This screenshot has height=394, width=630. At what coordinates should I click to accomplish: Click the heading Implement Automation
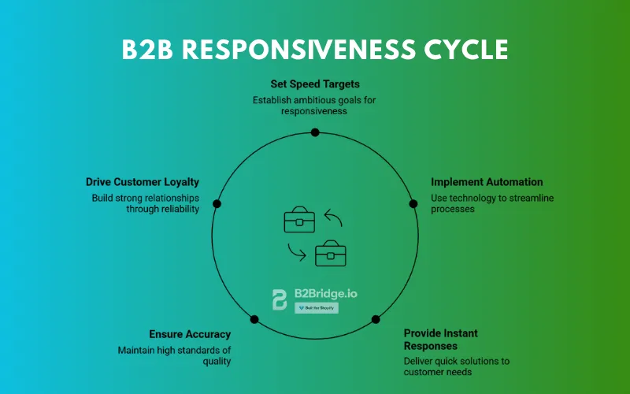[487, 182]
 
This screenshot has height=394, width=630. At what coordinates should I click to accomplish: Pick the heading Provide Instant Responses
[441, 340]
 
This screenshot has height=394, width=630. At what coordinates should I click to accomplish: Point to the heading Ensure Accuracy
[190, 334]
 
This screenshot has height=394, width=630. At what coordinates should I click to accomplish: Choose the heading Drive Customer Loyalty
[143, 182]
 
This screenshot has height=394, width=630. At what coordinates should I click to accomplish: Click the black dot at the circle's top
[315, 132]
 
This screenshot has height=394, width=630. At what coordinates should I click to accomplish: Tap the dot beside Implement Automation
[413, 203]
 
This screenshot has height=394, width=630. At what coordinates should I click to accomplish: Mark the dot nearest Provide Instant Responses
[376, 319]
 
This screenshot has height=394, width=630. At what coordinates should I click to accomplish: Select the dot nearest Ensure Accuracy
[254, 319]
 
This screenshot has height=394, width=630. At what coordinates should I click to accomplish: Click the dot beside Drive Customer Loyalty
[217, 203]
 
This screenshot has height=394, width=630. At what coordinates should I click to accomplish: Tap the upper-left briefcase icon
[299, 221]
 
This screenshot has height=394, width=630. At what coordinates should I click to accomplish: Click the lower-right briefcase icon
[331, 255]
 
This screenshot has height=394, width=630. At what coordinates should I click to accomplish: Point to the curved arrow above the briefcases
[333, 217]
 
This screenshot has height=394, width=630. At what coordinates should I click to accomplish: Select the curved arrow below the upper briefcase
[296, 252]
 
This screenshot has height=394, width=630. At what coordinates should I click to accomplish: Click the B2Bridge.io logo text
[325, 293]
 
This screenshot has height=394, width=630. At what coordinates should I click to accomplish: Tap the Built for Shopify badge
[317, 308]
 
